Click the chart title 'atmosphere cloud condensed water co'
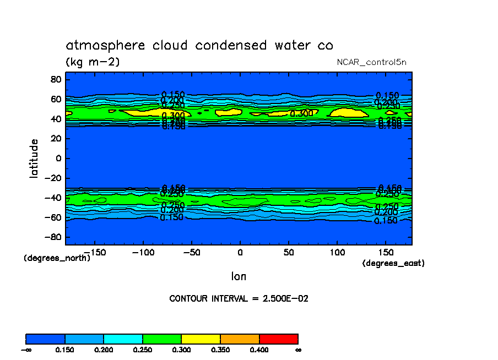[x=199, y=45]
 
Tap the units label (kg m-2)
[x=93, y=62]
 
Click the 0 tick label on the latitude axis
[x=57, y=159]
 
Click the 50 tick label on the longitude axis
[x=288, y=252]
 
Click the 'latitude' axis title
[x=34, y=159]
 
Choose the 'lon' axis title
[x=239, y=276]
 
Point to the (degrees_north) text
[x=57, y=258]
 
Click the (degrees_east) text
[x=393, y=263]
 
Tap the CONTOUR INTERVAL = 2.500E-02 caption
[x=239, y=299]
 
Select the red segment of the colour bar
[x=278, y=339]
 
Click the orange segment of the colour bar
[x=240, y=339]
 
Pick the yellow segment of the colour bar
[x=201, y=339]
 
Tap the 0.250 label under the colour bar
[x=143, y=350]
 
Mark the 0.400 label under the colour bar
[x=259, y=350]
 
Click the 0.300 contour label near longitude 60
[x=302, y=114]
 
